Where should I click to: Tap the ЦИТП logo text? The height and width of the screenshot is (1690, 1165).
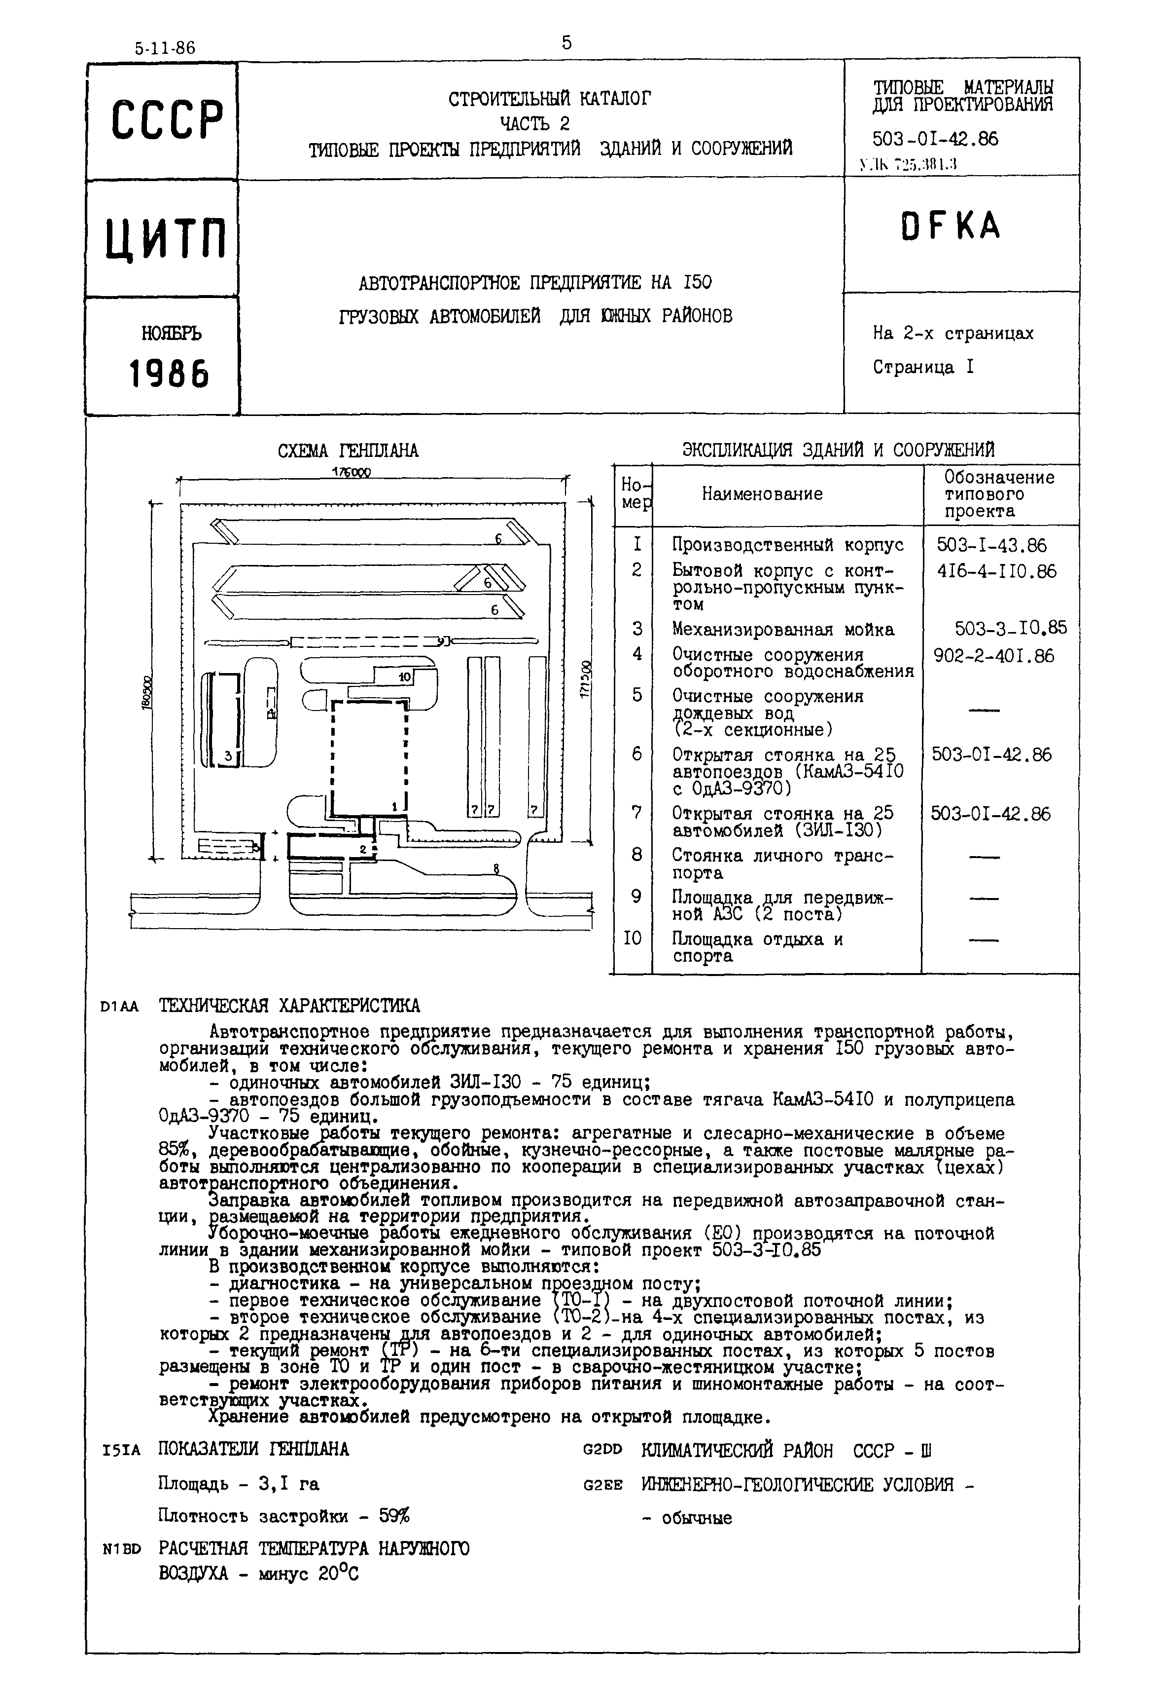pyautogui.click(x=166, y=239)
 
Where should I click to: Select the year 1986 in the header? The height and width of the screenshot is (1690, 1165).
pyautogui.click(x=169, y=374)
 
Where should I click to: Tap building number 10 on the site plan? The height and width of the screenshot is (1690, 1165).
pyautogui.click(x=406, y=677)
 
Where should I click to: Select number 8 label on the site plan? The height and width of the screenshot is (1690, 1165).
pyautogui.click(x=496, y=868)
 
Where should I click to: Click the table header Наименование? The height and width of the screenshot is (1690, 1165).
pyautogui.click(x=762, y=494)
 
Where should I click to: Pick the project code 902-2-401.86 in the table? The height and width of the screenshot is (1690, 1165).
pyautogui.click(x=993, y=656)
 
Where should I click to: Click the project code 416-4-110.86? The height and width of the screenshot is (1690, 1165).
pyautogui.click(x=996, y=571)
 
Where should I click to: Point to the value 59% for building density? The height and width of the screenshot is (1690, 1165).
pyautogui.click(x=394, y=1516)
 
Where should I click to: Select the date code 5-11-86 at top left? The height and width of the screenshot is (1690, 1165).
pyautogui.click(x=165, y=48)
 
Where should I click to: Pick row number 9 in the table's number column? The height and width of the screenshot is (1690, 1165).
pyautogui.click(x=636, y=896)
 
